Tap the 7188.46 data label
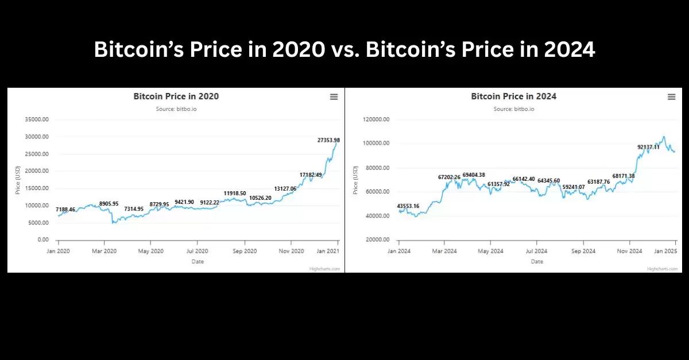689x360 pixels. tap(65, 210)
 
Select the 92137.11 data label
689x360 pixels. tap(648, 147)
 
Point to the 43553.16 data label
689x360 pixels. tap(408, 206)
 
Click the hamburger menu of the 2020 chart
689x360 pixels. tap(334, 97)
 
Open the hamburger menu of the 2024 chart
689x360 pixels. tap(671, 97)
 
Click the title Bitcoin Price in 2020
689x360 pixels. tap(176, 96)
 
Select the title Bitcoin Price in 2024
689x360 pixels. tap(513, 96)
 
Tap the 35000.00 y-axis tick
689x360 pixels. tap(37, 119)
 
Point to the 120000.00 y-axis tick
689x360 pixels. tap(377, 119)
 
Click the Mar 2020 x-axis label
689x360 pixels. tap(104, 251)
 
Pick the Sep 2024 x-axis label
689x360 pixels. tap(583, 251)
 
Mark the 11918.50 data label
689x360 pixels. tap(235, 193)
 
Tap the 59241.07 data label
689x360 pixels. tap(574, 187)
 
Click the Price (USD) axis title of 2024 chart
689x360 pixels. tap(355, 179)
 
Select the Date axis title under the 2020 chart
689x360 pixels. tap(198, 261)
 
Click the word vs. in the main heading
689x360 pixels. tap(344, 50)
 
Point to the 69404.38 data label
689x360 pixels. tap(474, 175)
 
